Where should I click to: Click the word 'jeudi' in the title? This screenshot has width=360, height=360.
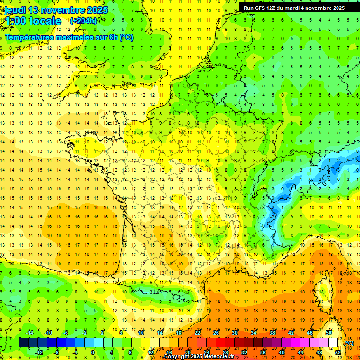coord(15,10)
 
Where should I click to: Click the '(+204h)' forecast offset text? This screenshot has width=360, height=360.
coord(83,21)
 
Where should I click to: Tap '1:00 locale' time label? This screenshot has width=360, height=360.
coord(33,21)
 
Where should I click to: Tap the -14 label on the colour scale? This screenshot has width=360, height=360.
coord(29,333)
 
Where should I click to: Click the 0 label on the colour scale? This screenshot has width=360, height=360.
coord(93,352)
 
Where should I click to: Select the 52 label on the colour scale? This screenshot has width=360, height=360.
coord(337,352)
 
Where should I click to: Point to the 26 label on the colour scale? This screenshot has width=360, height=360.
coord(216,333)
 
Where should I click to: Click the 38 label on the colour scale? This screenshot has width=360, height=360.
coord(272,333)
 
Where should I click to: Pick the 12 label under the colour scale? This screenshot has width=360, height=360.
coord(150,352)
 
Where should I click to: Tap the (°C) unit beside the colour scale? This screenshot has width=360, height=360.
coord(349,343)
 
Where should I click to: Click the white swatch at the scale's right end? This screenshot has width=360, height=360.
coord(333,343)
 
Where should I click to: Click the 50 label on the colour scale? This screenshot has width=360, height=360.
coord(329,333)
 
